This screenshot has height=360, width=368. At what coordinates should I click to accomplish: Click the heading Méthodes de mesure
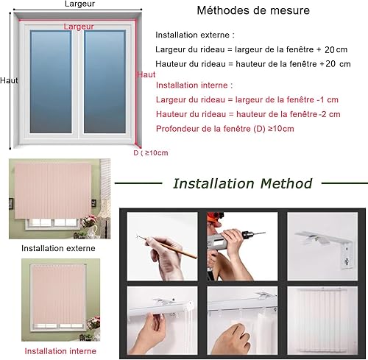pyautogui.click(x=253, y=10)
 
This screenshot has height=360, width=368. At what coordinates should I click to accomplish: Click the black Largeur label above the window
pyautogui.click(x=79, y=4)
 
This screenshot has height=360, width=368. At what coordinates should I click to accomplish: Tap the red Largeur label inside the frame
pyautogui.click(x=79, y=27)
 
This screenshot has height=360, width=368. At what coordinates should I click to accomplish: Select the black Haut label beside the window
pyautogui.click(x=9, y=80)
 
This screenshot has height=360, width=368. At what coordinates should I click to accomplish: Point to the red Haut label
pyautogui.click(x=146, y=74)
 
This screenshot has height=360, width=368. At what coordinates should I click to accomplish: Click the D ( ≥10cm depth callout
pyautogui.click(x=151, y=153)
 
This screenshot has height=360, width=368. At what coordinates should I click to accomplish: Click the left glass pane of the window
pyautogui.click(x=51, y=82)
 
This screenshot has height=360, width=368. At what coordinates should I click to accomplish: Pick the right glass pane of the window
pyautogui.click(x=105, y=82)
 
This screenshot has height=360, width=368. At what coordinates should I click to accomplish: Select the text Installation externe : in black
pyautogui.click(x=195, y=35)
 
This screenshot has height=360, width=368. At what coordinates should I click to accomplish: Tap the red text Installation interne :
pyautogui.click(x=194, y=85)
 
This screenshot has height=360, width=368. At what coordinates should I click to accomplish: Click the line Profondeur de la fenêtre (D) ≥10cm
pyautogui.click(x=225, y=129)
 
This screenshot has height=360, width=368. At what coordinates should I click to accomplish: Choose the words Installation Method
pyautogui.click(x=243, y=183)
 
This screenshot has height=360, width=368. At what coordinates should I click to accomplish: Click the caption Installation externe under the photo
pyautogui.click(x=58, y=248)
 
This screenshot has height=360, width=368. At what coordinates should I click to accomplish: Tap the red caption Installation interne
pyautogui.click(x=60, y=351)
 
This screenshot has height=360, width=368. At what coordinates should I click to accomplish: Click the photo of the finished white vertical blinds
pyautogui.click(x=322, y=320)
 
